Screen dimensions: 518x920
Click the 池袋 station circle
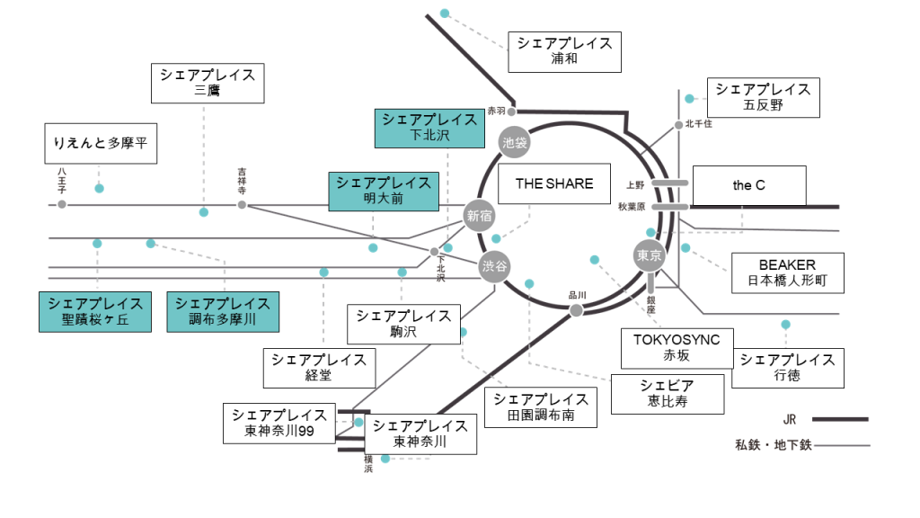click(x=515, y=141)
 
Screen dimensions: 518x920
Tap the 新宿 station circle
click(x=479, y=215)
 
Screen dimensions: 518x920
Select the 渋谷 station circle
click(x=493, y=266)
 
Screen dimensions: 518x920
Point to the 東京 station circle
click(x=649, y=255)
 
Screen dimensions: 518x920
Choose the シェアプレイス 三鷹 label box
click(x=208, y=83)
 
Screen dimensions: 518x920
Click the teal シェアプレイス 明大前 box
click(x=384, y=191)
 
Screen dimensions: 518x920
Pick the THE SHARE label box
click(x=553, y=184)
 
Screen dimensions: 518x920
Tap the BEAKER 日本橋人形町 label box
click(x=788, y=273)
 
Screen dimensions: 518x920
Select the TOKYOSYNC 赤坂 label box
click(x=677, y=348)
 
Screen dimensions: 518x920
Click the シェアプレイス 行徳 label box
click(x=787, y=368)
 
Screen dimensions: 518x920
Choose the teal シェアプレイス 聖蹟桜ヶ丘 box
click(x=94, y=312)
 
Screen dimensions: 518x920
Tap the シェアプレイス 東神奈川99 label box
click(x=279, y=424)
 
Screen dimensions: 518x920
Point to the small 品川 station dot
click(x=577, y=310)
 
